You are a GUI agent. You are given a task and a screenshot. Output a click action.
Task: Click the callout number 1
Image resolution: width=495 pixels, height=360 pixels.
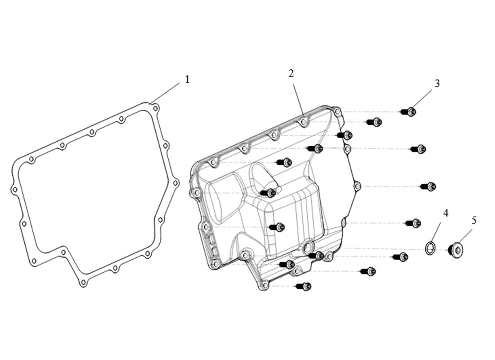pos(187,80)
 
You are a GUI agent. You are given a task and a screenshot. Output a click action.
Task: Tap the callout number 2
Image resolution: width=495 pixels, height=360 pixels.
pos(291,73)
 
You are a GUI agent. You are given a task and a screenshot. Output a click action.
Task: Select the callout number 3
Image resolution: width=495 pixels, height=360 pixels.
pos(437,83)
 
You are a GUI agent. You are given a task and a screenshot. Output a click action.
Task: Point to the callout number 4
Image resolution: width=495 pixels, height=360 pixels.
pos(446,213)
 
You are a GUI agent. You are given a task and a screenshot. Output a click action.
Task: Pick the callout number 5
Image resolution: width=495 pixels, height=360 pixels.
pos(474,220)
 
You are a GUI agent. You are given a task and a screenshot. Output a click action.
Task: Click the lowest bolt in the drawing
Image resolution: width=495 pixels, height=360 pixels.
pos(304,286)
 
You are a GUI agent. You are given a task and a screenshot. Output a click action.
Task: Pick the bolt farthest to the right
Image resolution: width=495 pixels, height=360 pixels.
pos(428,186)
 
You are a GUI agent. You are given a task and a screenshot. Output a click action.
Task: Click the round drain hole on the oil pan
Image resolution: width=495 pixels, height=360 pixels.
pos(309,246)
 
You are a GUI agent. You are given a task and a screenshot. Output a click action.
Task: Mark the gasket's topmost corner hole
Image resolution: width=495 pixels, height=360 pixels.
pos(155,108)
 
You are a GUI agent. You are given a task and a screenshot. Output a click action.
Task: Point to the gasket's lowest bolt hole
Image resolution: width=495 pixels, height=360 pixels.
pos(83,283)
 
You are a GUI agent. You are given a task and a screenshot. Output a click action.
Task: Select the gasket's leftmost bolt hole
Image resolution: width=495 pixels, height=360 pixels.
pos(14,190)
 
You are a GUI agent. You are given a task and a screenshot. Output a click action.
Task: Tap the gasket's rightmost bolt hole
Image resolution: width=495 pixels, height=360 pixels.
pos(175,183)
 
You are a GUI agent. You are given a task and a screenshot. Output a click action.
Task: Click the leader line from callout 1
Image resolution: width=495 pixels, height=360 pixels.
pos(166,91)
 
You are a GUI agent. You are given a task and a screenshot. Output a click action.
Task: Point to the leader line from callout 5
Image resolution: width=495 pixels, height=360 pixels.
pos(466,234)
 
